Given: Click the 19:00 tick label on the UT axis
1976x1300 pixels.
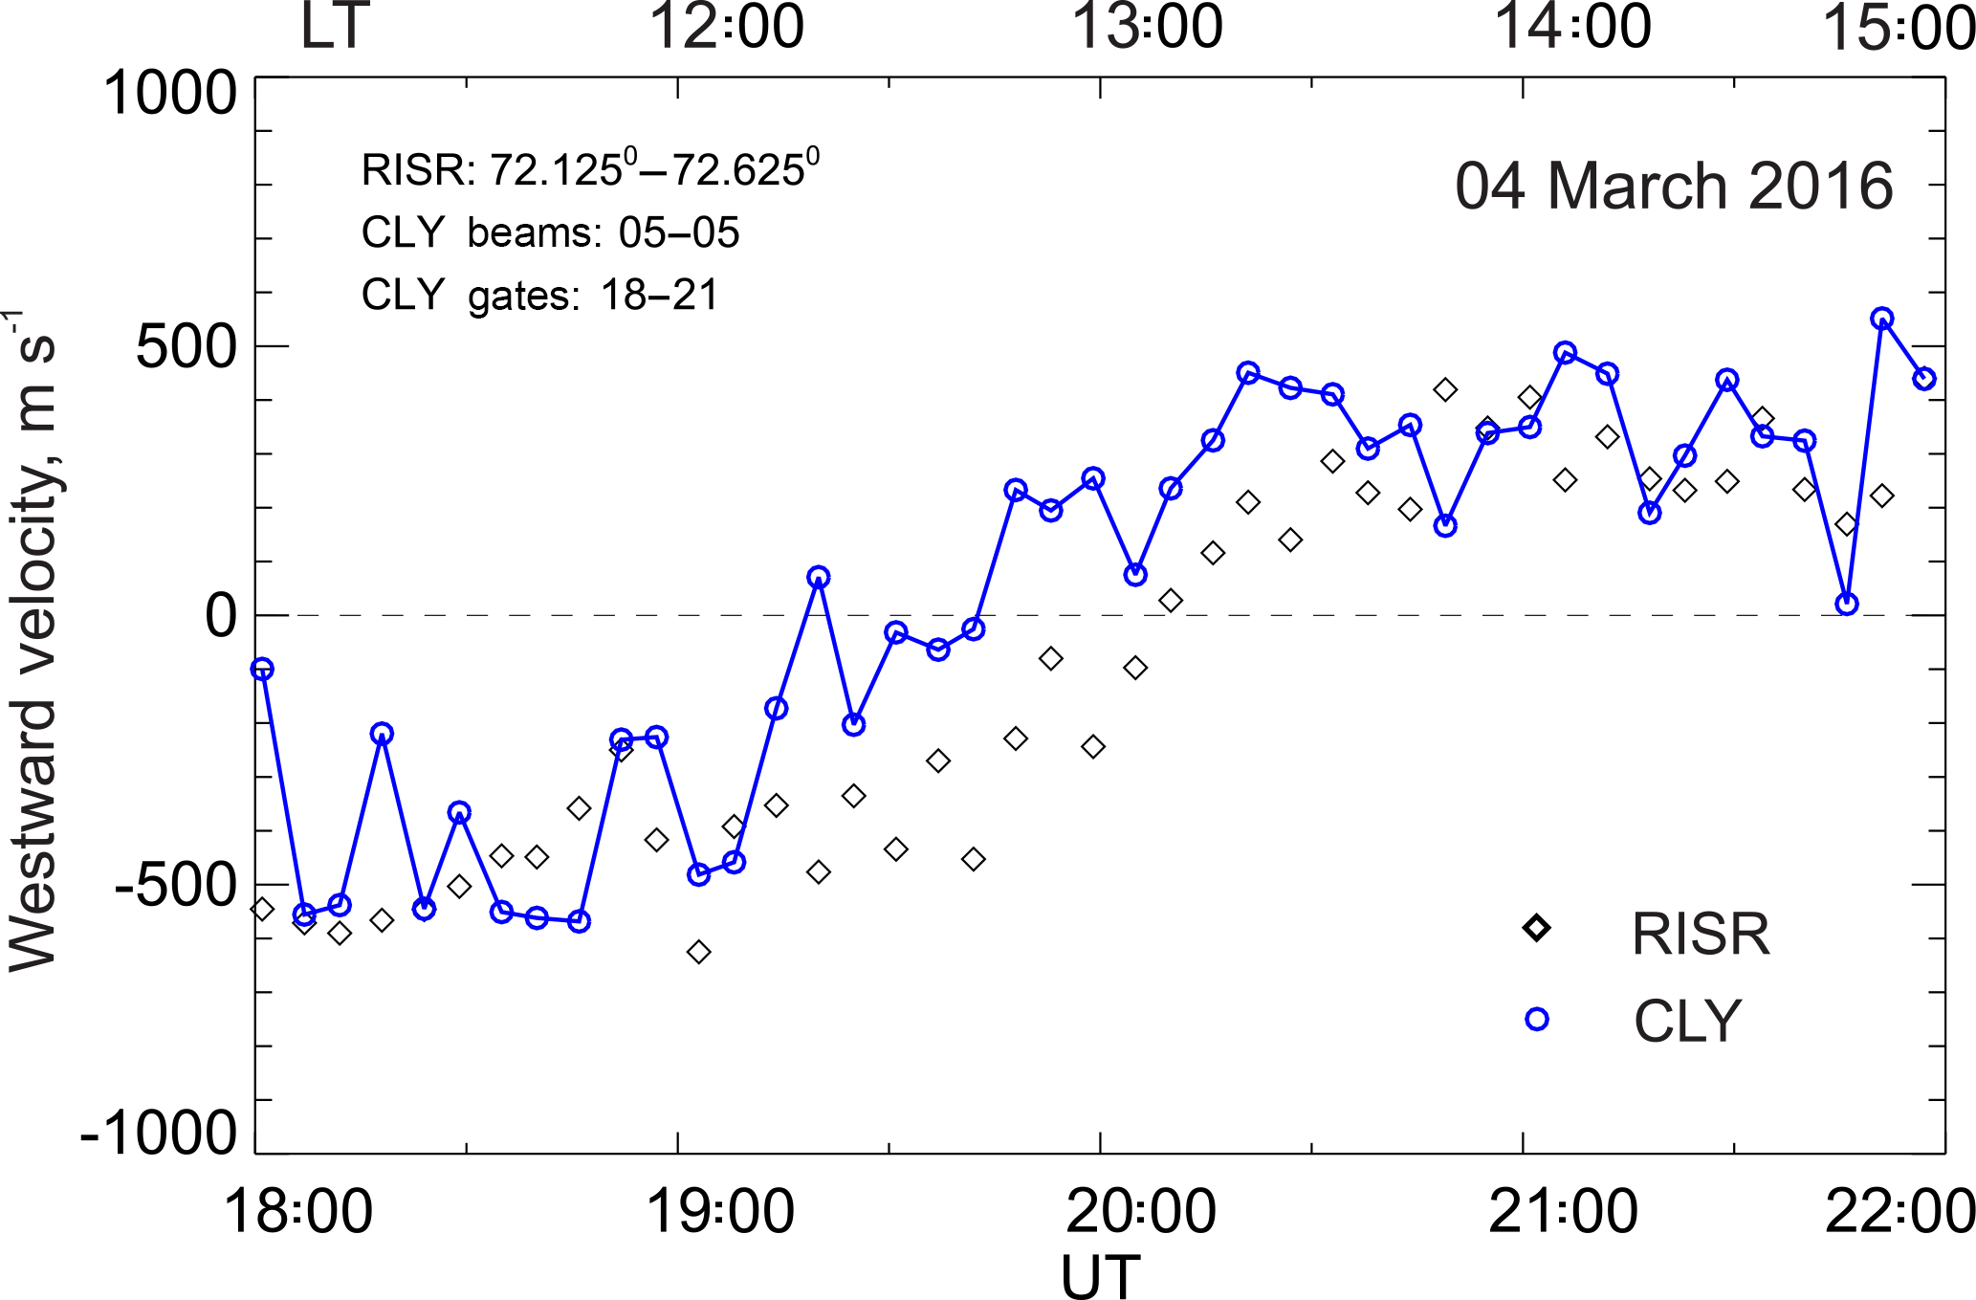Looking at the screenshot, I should (720, 1211).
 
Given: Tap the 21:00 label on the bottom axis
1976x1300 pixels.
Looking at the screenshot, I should (1564, 1211).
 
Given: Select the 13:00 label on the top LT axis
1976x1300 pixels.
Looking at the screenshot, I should (1147, 27).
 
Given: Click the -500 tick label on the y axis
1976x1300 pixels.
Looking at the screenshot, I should (175, 887).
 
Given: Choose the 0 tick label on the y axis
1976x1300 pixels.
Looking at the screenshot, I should (221, 617).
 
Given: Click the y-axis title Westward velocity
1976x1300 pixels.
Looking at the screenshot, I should (33, 641).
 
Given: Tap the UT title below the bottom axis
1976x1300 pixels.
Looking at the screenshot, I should (1100, 1275).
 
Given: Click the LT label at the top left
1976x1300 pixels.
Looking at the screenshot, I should (334, 27).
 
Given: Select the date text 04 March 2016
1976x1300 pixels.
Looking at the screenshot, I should (1674, 186).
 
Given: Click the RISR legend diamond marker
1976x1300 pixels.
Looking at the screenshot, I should (1537, 928).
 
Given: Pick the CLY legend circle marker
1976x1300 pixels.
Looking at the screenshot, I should (1537, 1019).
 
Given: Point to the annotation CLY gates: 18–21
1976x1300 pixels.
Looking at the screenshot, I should (539, 295).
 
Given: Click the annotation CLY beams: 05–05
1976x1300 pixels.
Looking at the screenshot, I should (550, 232).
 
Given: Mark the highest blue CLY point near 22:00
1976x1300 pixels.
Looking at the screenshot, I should (1882, 319).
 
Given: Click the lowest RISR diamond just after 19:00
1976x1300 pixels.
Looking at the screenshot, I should (699, 952).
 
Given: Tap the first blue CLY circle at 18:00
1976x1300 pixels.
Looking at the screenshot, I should (262, 669).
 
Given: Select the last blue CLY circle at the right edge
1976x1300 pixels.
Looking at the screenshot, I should (1924, 379).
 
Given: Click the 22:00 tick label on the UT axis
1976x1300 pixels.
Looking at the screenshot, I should (1899, 1211).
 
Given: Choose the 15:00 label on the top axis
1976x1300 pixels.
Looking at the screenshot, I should (1898, 27).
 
